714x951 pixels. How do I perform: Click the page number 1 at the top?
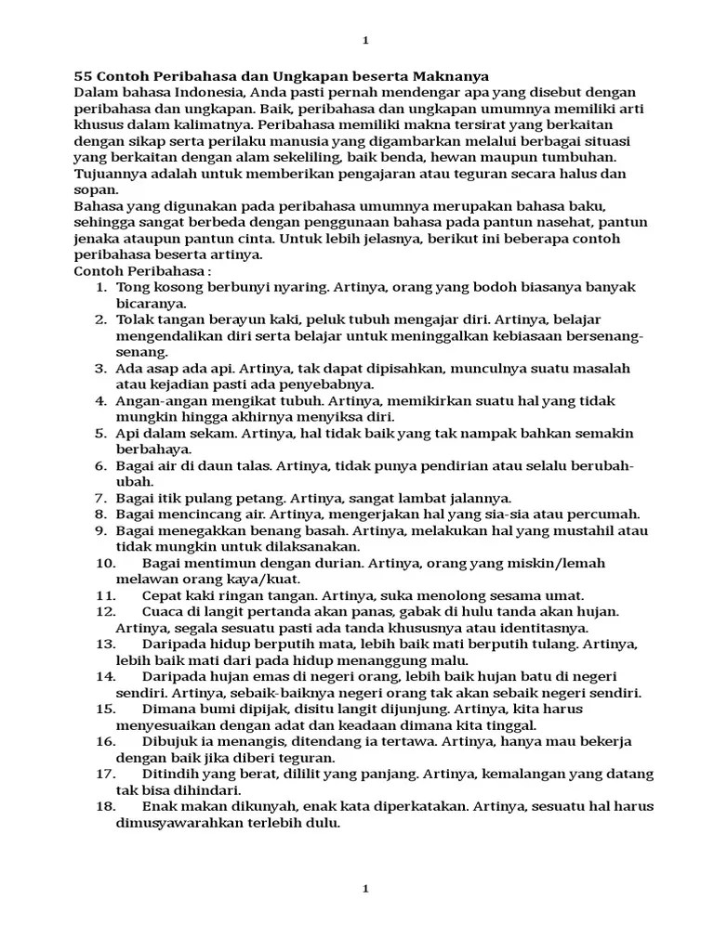pos(365,40)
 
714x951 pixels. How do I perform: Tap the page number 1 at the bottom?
pos(365,889)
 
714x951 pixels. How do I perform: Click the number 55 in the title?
pos(83,76)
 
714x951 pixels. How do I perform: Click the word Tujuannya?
pos(108,174)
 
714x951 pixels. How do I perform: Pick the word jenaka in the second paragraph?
pos(97,239)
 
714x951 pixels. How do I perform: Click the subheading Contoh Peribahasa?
pos(139,271)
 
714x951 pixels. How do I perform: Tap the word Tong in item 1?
pos(131,287)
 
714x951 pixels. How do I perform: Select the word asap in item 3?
pos(160,368)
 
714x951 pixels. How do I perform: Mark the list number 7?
pos(101,498)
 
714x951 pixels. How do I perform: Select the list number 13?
pos(104,644)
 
